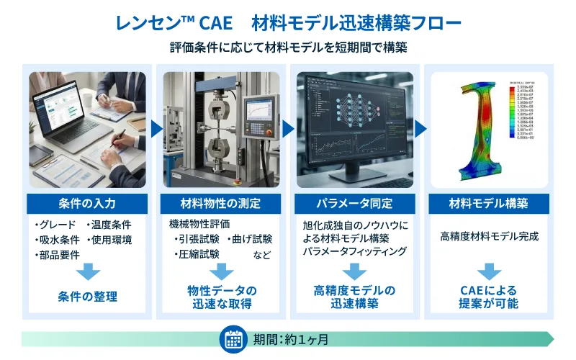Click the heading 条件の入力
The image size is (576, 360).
pos(87,204)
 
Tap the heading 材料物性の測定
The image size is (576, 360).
pos(221,204)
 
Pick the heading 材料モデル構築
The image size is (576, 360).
pos(489,204)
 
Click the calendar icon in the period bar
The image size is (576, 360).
pos(233,339)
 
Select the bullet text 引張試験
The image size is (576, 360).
pos(197,239)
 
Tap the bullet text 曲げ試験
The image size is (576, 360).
pos(251,239)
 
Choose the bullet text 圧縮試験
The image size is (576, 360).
pos(197,254)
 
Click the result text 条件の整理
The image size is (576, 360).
pos(87,296)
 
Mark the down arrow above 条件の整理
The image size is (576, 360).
pos(87,271)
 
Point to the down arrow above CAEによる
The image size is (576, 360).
pos(489,271)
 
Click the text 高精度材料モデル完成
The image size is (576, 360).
pos(489,236)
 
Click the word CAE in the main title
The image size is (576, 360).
pos(208,23)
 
